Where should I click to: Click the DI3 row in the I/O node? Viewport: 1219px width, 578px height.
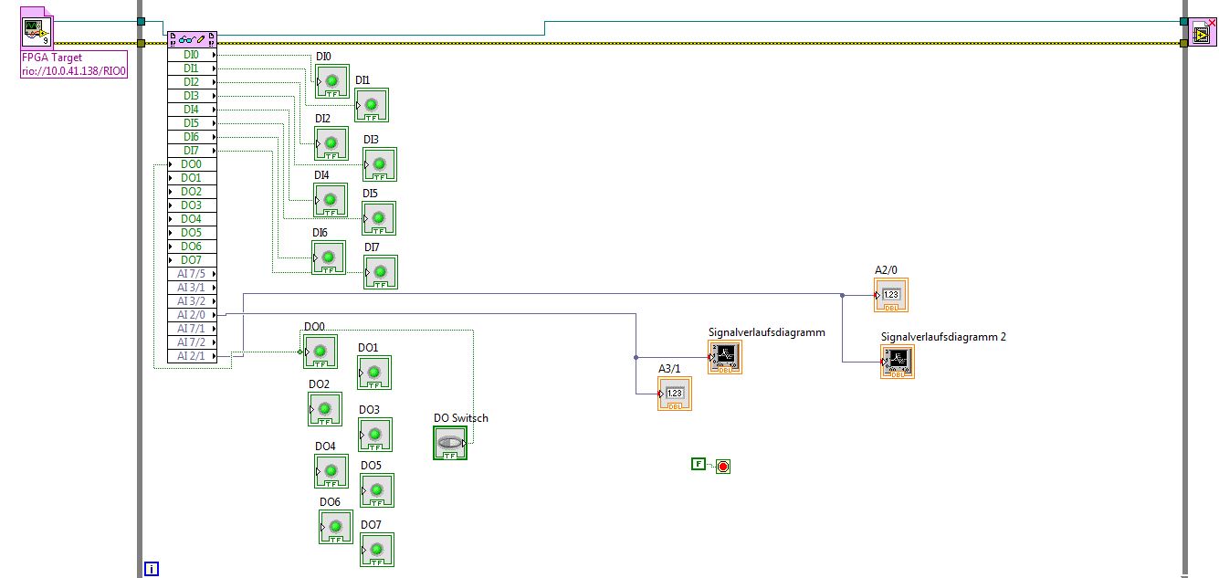pos(192,96)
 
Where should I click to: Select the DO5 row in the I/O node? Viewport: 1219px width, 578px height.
pos(192,233)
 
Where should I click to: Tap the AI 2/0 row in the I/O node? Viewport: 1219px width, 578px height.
pos(192,315)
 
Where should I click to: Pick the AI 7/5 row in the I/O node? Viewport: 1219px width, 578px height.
pos(192,274)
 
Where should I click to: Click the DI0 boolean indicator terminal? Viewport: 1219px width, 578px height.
pos(332,81)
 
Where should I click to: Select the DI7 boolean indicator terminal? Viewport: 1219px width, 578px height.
pos(381,272)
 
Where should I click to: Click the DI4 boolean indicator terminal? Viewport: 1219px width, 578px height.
pos(331,200)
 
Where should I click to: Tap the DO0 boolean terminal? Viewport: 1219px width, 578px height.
pos(320,352)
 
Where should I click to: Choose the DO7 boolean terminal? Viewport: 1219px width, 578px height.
pos(377,550)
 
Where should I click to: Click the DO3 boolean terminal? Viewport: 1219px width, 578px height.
pos(375,435)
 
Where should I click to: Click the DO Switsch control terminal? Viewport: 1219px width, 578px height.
pos(449,443)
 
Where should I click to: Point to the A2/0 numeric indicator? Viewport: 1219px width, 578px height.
pos(891,295)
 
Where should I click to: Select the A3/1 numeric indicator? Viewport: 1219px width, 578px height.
pos(675,394)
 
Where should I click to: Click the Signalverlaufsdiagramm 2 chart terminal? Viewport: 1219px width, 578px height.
pos(898,362)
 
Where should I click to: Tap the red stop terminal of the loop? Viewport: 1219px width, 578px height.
pos(723,467)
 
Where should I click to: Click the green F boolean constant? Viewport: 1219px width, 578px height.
pos(699,465)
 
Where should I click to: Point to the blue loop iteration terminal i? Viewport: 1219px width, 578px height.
pos(152,569)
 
